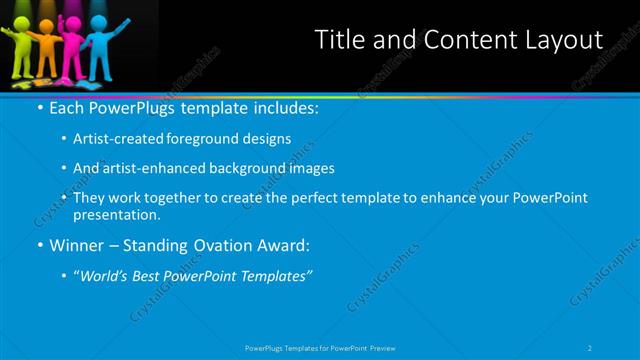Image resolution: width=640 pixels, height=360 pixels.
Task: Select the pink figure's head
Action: pos(76,22)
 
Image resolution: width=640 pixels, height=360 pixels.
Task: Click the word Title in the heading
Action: pos(337,40)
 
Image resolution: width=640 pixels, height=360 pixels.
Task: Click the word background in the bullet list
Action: pos(245,168)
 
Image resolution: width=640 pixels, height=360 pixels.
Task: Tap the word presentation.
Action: pos(117,214)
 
